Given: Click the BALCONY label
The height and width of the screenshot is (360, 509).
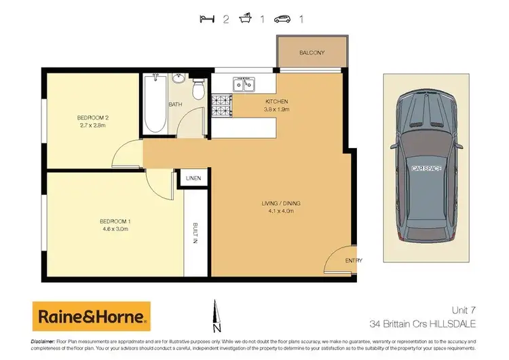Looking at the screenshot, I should tap(312, 52).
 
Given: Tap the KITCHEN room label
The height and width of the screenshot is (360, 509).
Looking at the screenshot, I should tap(277, 103).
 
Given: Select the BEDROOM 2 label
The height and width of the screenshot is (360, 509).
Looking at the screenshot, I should tap(94, 118).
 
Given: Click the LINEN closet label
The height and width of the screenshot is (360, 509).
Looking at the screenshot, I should tap(193, 178).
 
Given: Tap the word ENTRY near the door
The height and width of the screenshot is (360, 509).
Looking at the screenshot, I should tap(354, 260).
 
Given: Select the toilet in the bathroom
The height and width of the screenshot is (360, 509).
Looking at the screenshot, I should tap(197, 88).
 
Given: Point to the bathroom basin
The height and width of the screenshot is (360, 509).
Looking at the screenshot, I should tap(179, 79).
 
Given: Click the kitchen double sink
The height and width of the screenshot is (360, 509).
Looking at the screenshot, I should tap(244, 84).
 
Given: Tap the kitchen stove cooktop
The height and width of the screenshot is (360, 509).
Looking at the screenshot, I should tap(221, 104).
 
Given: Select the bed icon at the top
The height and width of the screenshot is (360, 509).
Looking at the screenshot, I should tap(207, 18).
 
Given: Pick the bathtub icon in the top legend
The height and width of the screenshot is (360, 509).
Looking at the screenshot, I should tap(245, 18).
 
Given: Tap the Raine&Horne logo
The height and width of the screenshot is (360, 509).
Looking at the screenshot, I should tap(91, 317).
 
